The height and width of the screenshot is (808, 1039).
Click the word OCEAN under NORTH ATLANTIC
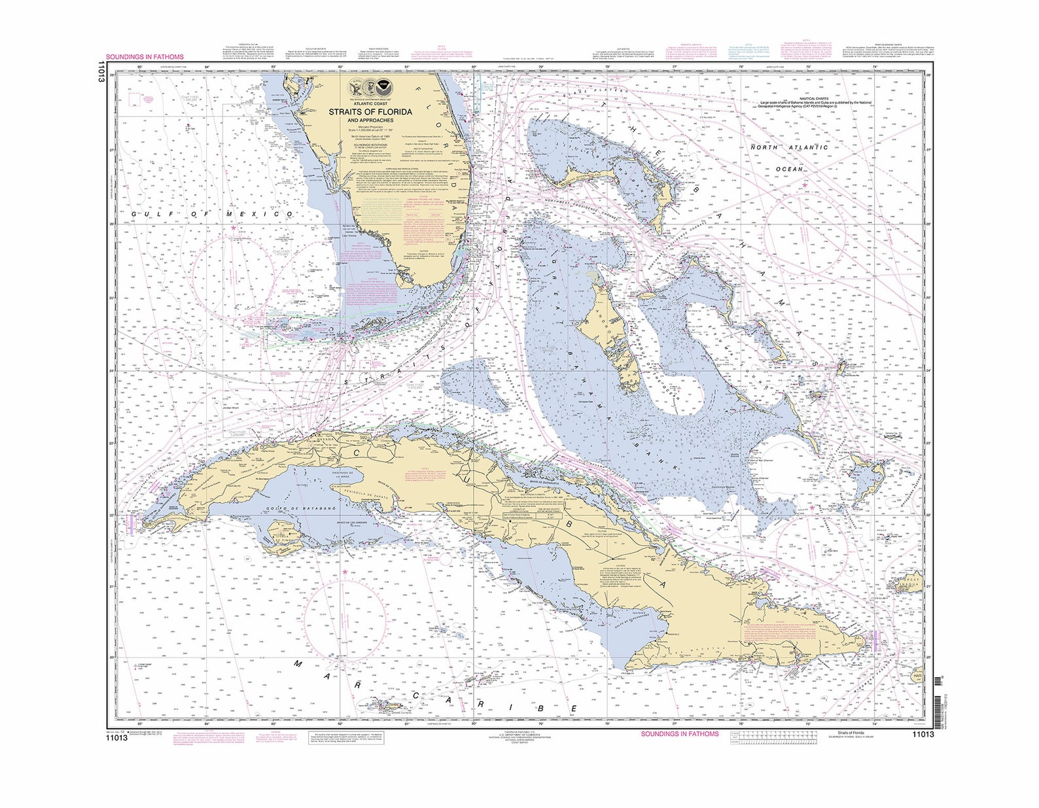click(788, 169)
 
